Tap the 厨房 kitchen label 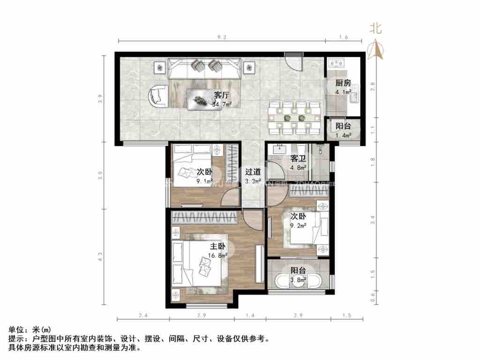pyautogui.click(x=343, y=83)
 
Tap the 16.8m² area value pyautogui.click(x=217, y=255)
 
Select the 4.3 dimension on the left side pyautogui.click(x=100, y=256)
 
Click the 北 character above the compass pyautogui.click(x=376, y=29)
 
